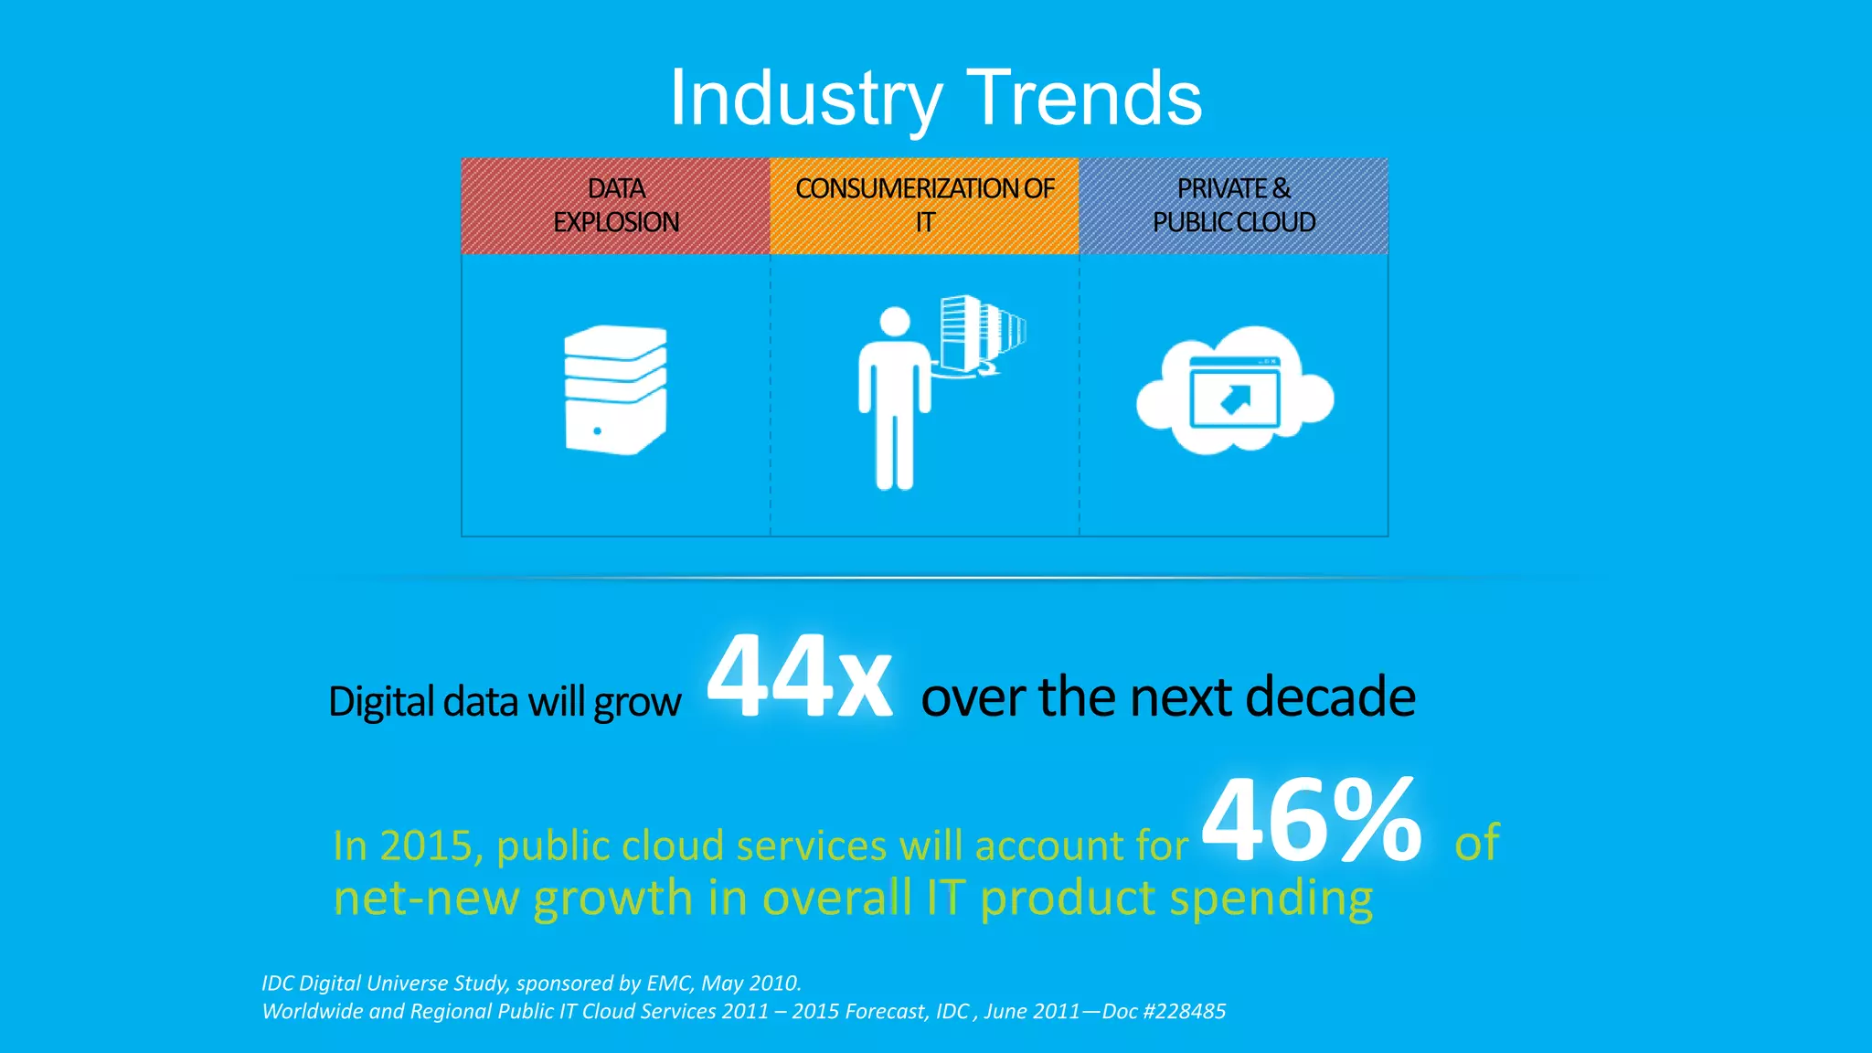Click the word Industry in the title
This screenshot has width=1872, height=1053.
(804, 99)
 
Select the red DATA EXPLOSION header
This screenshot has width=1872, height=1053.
(615, 206)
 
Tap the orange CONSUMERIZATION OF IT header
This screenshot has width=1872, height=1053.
(924, 206)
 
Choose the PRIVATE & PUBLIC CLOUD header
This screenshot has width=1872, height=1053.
(1233, 206)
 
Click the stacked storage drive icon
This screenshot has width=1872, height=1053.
(615, 390)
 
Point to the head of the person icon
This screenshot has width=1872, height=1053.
(894, 322)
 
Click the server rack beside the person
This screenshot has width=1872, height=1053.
(978, 333)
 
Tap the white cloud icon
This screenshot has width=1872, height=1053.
(1234, 391)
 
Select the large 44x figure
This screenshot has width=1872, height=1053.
(799, 678)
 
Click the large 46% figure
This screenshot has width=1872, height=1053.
(1312, 820)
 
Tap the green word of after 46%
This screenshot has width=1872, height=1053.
(1476, 843)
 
